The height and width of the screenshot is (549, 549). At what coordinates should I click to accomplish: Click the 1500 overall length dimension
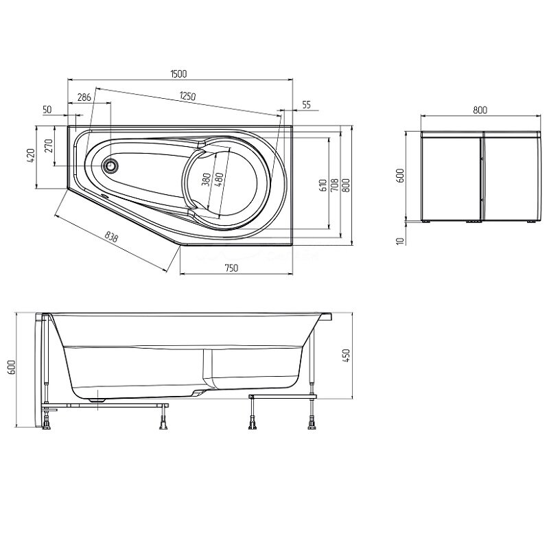tap(178, 73)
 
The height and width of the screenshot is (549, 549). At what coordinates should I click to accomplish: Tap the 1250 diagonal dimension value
tap(187, 95)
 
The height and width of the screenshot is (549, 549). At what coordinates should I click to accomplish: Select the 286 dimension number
tap(84, 97)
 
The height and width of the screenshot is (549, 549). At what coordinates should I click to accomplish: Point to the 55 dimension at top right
tap(306, 105)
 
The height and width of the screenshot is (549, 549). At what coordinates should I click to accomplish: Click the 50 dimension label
tap(47, 110)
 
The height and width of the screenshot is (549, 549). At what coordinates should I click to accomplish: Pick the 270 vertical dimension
tap(49, 145)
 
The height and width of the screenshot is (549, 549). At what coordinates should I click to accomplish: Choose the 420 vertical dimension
tap(30, 155)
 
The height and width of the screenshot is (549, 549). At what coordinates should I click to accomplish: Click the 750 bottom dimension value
tap(231, 268)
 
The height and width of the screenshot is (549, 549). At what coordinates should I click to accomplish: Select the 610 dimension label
tap(323, 185)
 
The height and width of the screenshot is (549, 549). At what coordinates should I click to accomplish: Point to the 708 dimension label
tap(334, 185)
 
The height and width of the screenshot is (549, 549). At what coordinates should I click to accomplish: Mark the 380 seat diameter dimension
tap(207, 180)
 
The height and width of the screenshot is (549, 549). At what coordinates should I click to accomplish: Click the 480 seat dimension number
tap(218, 180)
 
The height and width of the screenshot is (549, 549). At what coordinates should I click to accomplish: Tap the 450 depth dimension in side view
tap(346, 355)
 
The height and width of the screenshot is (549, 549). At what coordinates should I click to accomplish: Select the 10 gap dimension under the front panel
tap(401, 241)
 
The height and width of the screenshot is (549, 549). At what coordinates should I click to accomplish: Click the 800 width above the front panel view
tap(480, 110)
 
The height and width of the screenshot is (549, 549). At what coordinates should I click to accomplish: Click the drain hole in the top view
tap(110, 165)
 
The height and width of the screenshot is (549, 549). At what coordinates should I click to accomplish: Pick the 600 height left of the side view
tap(11, 367)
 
